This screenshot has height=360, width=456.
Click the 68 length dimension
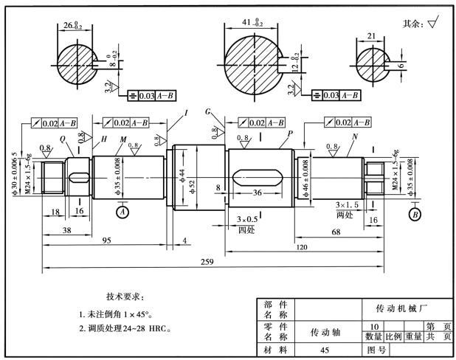click(x=336, y=233)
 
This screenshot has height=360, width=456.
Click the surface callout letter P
click(x=291, y=133)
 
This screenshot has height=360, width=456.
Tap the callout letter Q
click(x=63, y=138)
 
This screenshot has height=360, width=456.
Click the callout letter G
click(x=209, y=111)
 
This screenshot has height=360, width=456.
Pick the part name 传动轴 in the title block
click(x=324, y=332)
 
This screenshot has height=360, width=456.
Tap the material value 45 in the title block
click(x=325, y=350)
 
